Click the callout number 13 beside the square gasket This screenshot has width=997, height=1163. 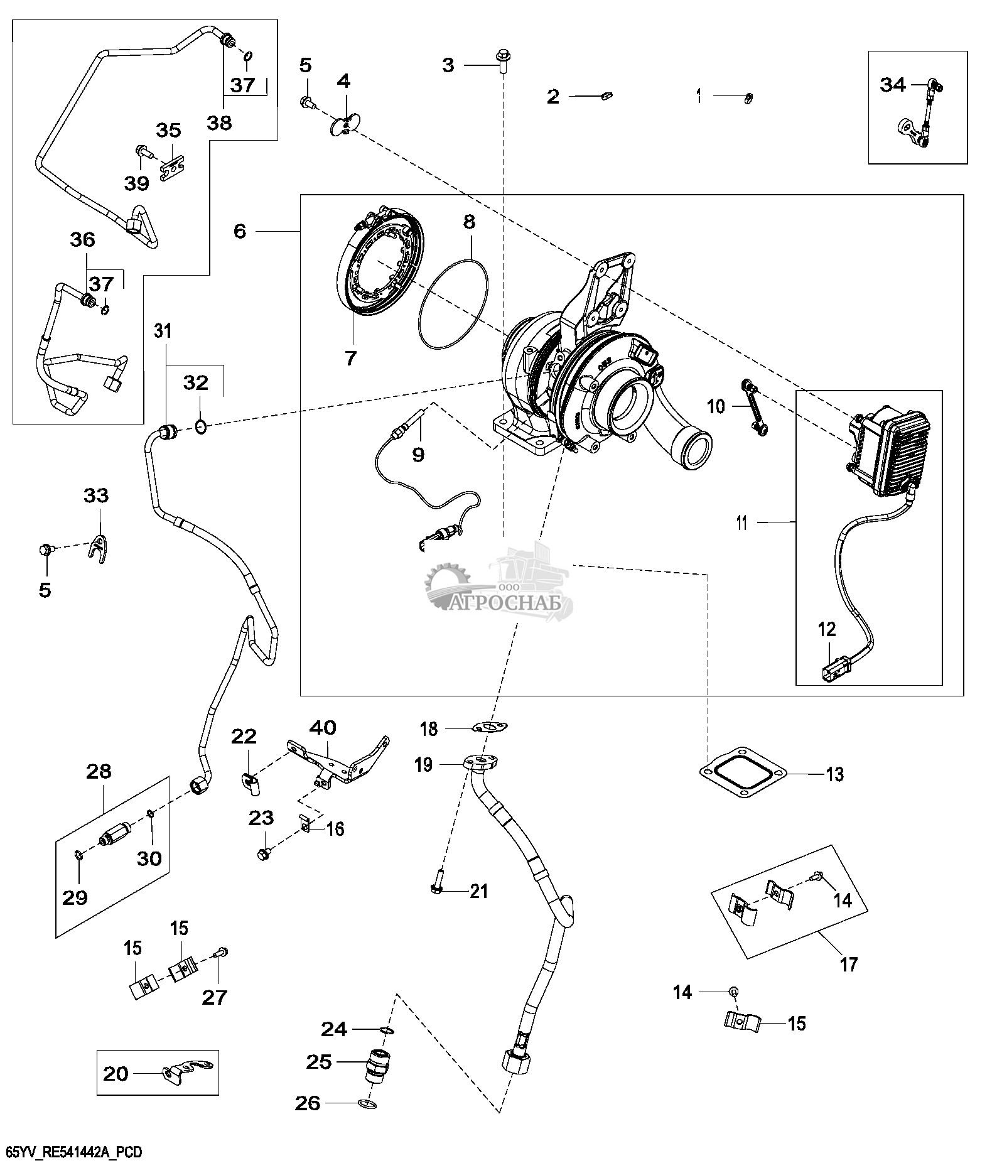click(x=834, y=774)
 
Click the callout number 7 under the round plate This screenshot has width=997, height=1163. click(x=350, y=359)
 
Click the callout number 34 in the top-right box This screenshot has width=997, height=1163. click(x=893, y=84)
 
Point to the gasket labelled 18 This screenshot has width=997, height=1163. click(x=489, y=727)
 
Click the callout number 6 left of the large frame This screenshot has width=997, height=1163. click(x=240, y=231)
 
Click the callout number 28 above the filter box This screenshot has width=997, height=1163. click(x=99, y=771)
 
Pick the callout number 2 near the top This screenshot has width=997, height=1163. click(x=552, y=96)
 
